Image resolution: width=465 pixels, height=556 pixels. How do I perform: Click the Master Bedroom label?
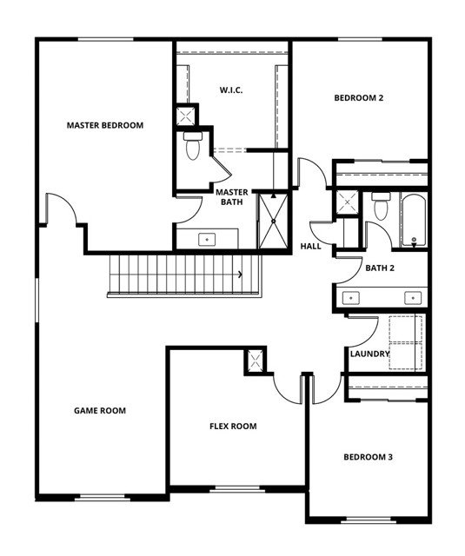[105, 125]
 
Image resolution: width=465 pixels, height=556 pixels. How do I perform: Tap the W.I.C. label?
[231, 90]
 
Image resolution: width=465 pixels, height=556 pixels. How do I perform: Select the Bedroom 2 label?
[359, 98]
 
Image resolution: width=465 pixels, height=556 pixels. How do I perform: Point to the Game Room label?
[100, 411]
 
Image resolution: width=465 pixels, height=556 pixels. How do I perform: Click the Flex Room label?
[233, 426]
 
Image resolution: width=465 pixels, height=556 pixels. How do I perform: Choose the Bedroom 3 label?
[368, 457]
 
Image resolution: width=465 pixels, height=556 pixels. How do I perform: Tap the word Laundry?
[369, 354]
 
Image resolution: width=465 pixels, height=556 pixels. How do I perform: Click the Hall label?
[310, 246]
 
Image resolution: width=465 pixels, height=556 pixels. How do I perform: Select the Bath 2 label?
[380, 268]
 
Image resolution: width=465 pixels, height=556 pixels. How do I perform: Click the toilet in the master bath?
[193, 146]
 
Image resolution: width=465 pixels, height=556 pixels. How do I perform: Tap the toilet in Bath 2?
[381, 206]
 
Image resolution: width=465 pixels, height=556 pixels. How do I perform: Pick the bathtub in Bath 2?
[414, 220]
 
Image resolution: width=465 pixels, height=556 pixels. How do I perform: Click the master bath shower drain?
[274, 222]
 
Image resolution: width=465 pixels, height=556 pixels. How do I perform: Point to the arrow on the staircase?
[240, 275]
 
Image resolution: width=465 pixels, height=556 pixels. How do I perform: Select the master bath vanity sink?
[207, 240]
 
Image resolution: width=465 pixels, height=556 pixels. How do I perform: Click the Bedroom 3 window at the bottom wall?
[369, 520]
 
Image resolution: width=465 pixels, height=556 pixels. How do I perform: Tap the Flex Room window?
[237, 489]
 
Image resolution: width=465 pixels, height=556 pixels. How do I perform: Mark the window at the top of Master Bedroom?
[106, 39]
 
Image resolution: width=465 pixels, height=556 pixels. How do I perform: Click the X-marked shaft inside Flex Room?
[255, 361]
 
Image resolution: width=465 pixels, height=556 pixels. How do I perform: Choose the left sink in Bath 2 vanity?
[350, 298]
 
